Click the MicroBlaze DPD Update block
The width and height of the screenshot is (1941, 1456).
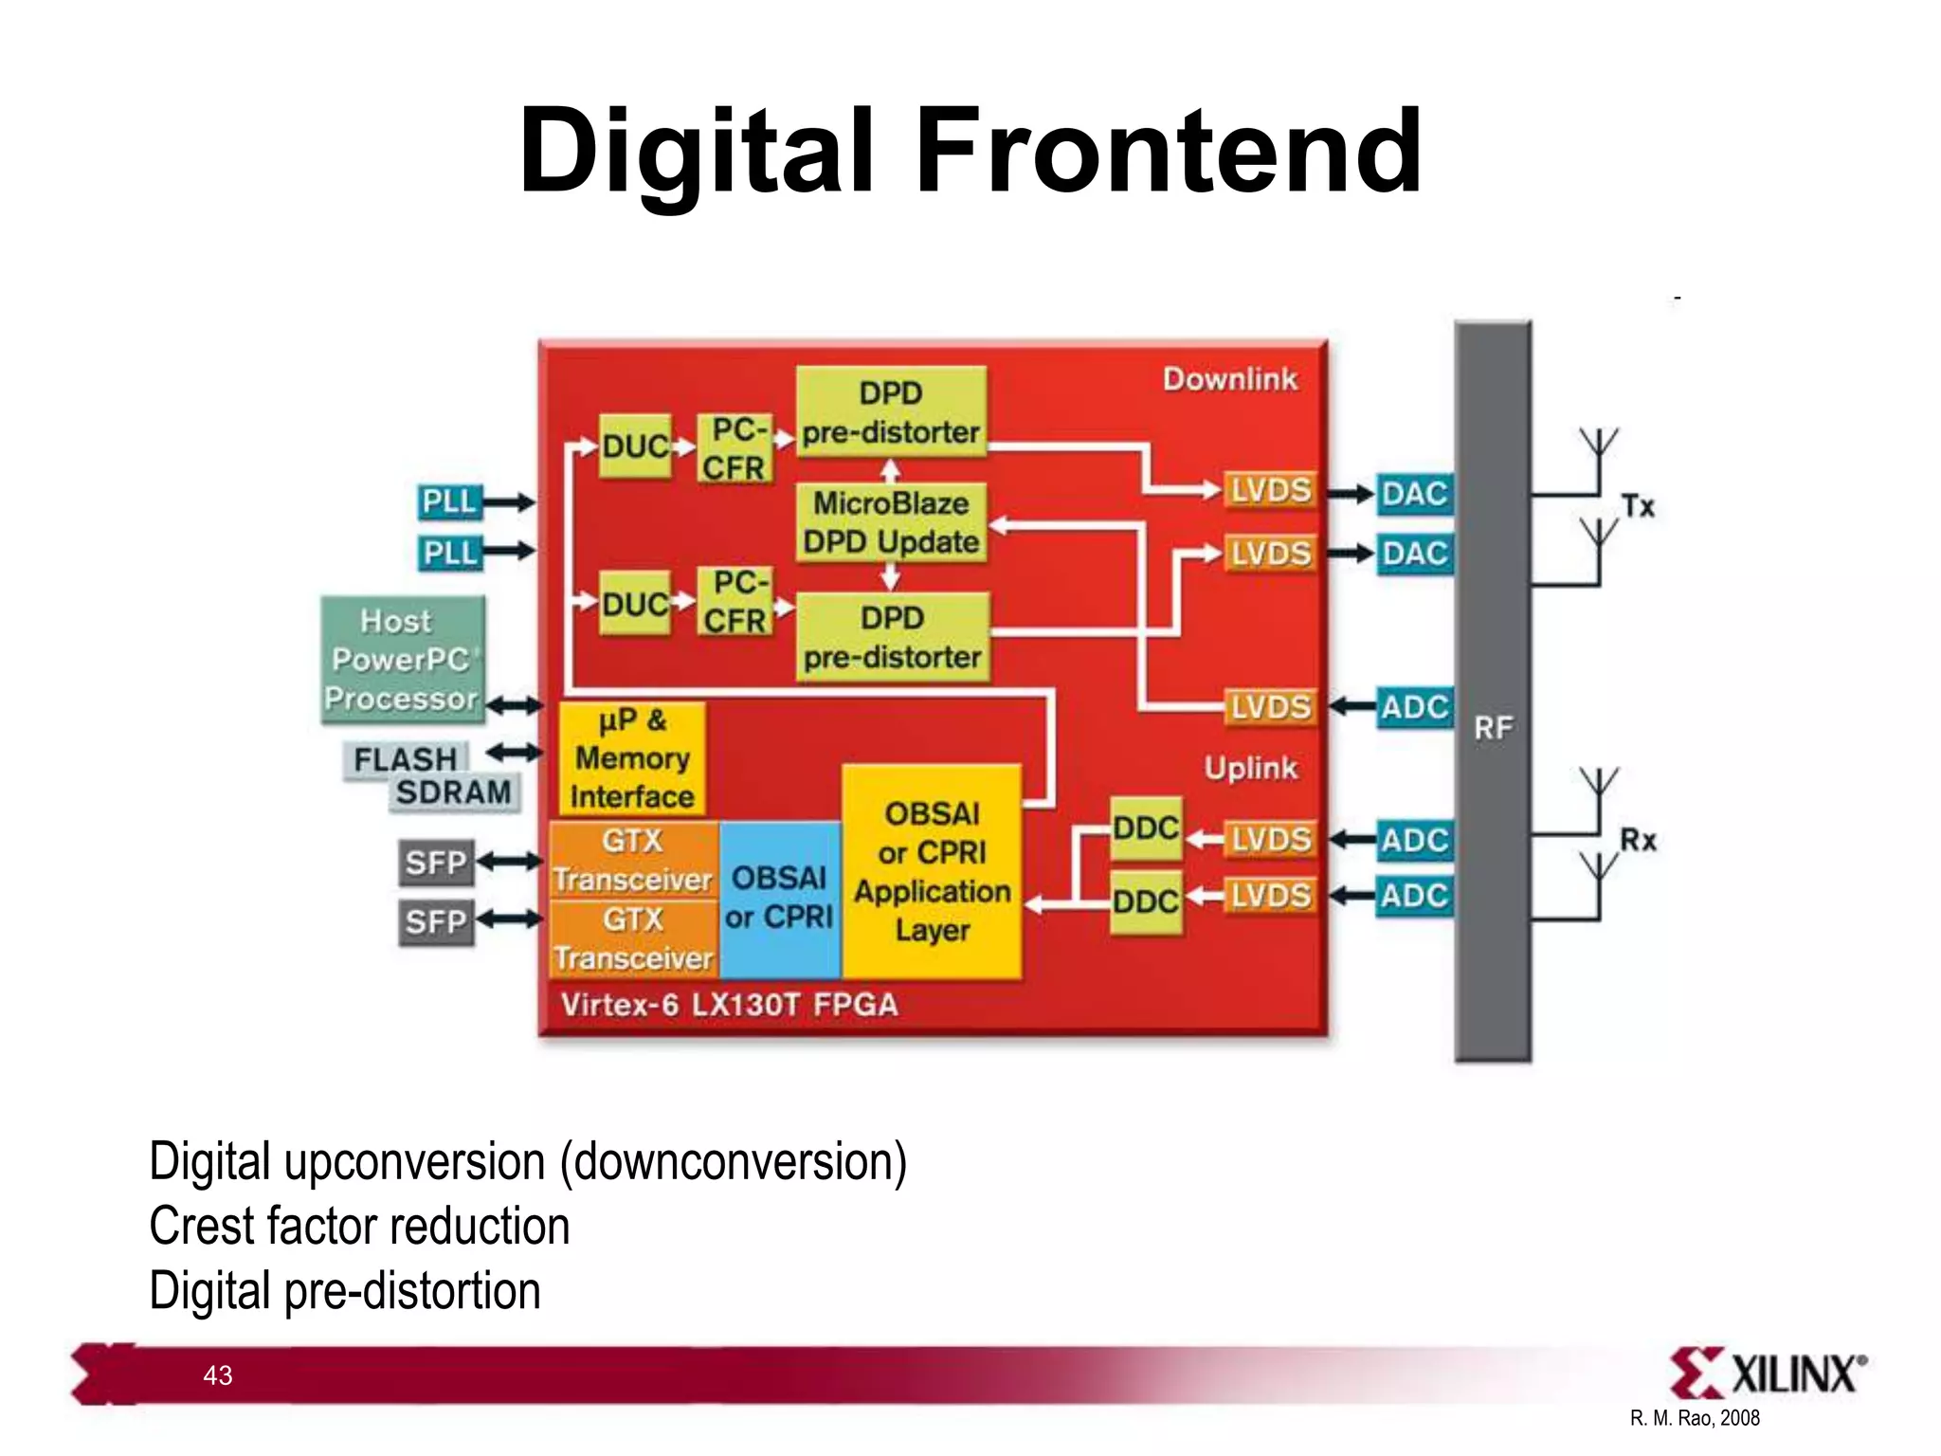point(891,523)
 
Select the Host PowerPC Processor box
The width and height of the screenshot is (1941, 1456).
point(403,660)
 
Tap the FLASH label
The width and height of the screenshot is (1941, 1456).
point(406,759)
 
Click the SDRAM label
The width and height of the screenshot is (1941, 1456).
point(454,792)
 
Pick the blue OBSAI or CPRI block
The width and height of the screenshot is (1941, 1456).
point(779,898)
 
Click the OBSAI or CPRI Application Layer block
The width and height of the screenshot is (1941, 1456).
point(932,871)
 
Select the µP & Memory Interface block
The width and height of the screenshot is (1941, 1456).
point(632,759)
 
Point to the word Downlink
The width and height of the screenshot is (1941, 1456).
point(1229,379)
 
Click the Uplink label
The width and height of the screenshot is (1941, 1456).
point(1250,768)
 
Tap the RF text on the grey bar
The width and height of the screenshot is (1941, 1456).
point(1493,728)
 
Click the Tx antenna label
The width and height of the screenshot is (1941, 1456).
point(1638,506)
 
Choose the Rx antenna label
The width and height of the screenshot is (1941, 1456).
point(1638,840)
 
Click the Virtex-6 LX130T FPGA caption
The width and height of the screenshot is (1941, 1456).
point(729,1005)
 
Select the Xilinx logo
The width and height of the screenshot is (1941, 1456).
point(1768,1374)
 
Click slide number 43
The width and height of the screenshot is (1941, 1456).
point(218,1375)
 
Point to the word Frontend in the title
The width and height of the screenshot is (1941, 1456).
point(1168,152)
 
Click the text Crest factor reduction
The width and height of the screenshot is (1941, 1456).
point(359,1226)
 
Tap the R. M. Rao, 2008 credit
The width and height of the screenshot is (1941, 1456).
point(1695,1418)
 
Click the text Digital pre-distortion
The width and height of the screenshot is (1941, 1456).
point(345,1290)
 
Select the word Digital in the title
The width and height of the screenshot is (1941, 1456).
point(697,152)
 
